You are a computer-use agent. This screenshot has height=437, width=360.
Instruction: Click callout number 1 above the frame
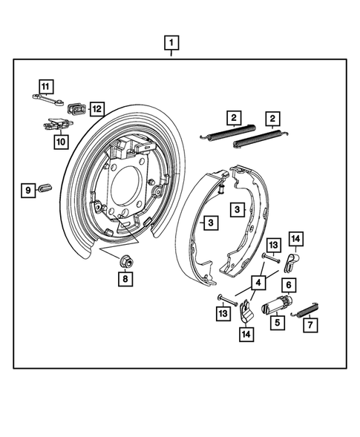point(172,42)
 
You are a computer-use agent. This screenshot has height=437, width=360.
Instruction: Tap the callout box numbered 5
point(276,323)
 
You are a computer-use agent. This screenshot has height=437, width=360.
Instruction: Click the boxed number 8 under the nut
point(125,279)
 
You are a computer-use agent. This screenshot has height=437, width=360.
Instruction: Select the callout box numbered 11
point(46,85)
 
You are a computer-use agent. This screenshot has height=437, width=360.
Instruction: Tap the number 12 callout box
point(96,108)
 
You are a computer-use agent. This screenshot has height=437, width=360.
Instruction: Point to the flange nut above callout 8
point(125,260)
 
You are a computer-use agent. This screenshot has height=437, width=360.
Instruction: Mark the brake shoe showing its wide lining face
point(194,223)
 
